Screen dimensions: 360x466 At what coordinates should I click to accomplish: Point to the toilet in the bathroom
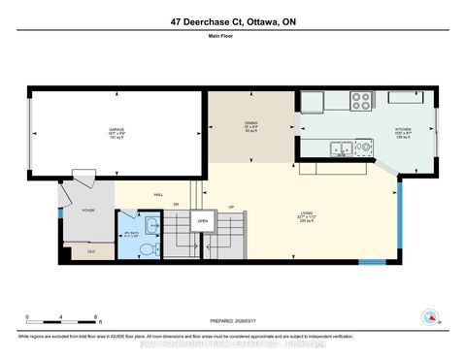[149, 249]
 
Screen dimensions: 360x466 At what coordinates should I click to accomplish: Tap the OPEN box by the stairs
[202, 220]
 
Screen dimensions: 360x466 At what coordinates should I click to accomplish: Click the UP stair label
[230, 206]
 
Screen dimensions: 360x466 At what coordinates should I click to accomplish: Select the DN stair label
[177, 205]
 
